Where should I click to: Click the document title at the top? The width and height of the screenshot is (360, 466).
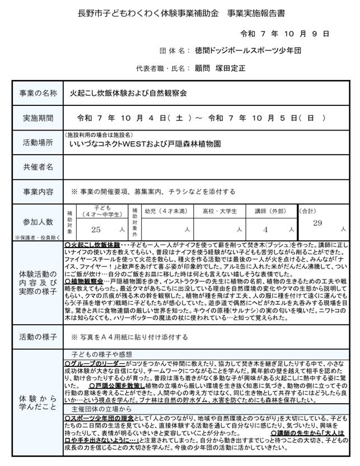(x=180, y=12)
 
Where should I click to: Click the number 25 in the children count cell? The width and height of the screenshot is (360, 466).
(x=96, y=230)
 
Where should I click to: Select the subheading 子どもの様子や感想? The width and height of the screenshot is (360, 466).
(x=101, y=355)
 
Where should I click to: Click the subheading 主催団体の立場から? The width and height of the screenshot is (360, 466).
(x=101, y=409)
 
